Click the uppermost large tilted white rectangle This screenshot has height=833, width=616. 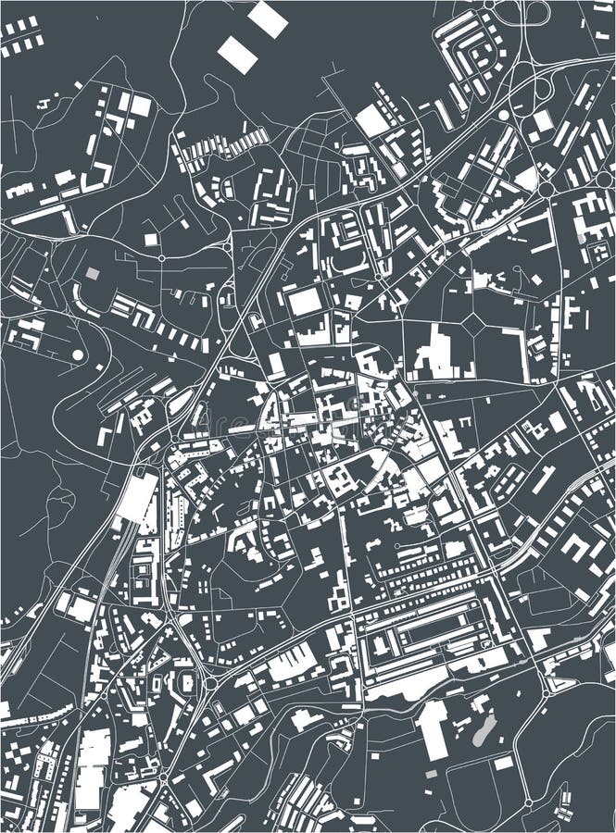(268, 19)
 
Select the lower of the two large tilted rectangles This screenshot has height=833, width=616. (238, 55)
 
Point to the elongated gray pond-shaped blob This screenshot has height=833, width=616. (482, 730)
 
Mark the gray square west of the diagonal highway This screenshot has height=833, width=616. (92, 274)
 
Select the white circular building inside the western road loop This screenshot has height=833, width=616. (78, 354)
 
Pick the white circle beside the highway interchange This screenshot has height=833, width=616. (503, 116)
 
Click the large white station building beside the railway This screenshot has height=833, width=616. (136, 497)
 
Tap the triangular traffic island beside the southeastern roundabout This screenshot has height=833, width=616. (557, 686)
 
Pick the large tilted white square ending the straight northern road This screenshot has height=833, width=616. (371, 120)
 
